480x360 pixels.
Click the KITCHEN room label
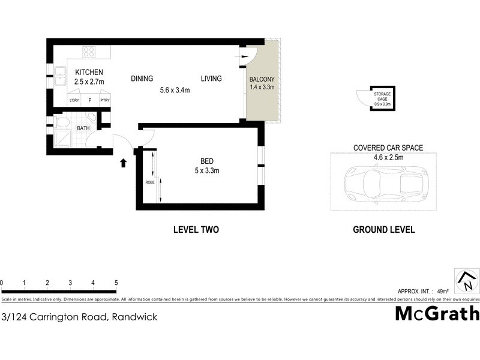point(89,72)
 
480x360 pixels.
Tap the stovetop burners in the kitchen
point(89,52)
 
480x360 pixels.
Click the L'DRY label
point(74,100)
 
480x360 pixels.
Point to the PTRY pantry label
point(105,100)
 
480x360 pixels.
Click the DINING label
point(142,79)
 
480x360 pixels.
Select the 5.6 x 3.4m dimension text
point(175,91)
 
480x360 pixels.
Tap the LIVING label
point(211,79)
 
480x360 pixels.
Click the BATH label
point(83,128)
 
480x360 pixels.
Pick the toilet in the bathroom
point(62,124)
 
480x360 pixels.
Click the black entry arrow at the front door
point(124,162)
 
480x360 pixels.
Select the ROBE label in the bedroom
point(150,182)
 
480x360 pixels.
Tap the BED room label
point(207,161)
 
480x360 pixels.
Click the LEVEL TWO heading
point(196,229)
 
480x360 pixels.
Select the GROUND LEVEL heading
point(383,229)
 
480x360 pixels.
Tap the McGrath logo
point(437,313)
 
